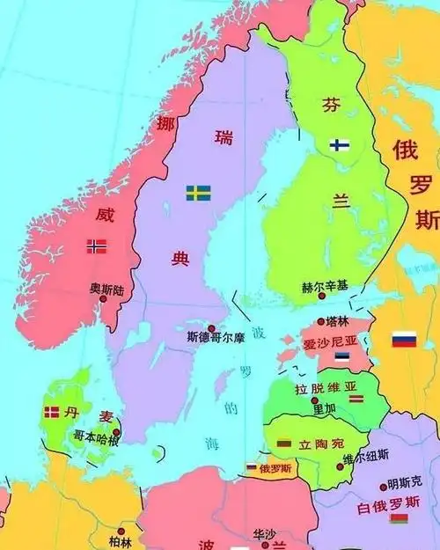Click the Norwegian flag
[x=97, y=246]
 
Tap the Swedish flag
[x=198, y=192]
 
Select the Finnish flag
[x=341, y=145]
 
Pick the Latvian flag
[x=356, y=399]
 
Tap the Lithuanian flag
[x=284, y=444]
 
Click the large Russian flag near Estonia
[x=404, y=339]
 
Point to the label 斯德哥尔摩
[x=216, y=337]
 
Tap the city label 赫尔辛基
[x=325, y=287]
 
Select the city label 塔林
[x=337, y=320]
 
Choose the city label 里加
[x=324, y=409]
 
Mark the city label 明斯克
[x=405, y=484]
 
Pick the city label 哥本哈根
[x=96, y=436]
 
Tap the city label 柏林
[x=120, y=541]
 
